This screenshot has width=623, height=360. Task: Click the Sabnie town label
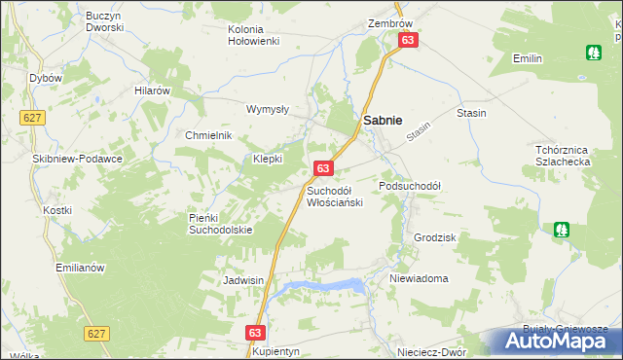pyautogui.click(x=384, y=119)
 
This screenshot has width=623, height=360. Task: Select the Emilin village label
pyautogui.click(x=527, y=59)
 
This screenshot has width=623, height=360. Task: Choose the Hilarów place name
pyautogui.click(x=153, y=90)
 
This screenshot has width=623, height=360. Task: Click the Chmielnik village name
pyautogui.click(x=208, y=135)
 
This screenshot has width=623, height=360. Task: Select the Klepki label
pyautogui.click(x=268, y=159)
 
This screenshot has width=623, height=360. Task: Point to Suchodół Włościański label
pyautogui.click(x=334, y=197)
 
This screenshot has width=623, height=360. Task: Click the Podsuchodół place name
pyautogui.click(x=410, y=186)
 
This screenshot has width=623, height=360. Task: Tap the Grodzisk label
pyautogui.click(x=434, y=237)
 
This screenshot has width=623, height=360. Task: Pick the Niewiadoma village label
pyautogui.click(x=419, y=278)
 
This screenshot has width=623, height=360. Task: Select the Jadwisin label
pyautogui.click(x=244, y=279)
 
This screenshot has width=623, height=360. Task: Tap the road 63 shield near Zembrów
pyautogui.click(x=407, y=40)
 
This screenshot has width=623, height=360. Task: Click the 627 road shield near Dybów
pyautogui.click(x=31, y=117)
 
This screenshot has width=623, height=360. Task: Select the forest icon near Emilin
pyautogui.click(x=592, y=52)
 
